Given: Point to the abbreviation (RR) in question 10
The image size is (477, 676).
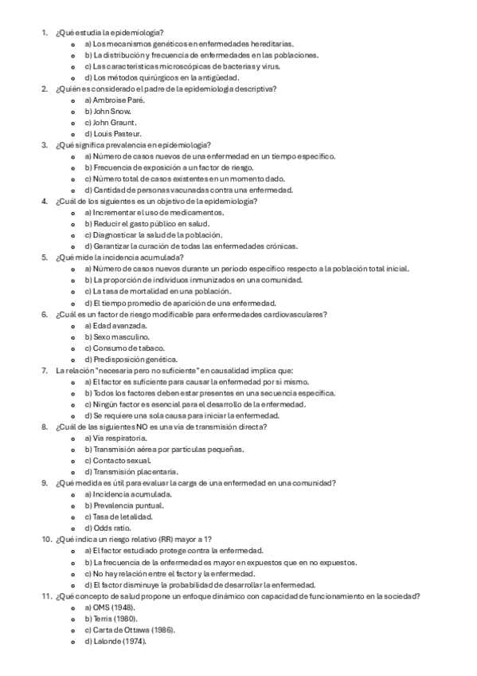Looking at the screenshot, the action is pos(174,540).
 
